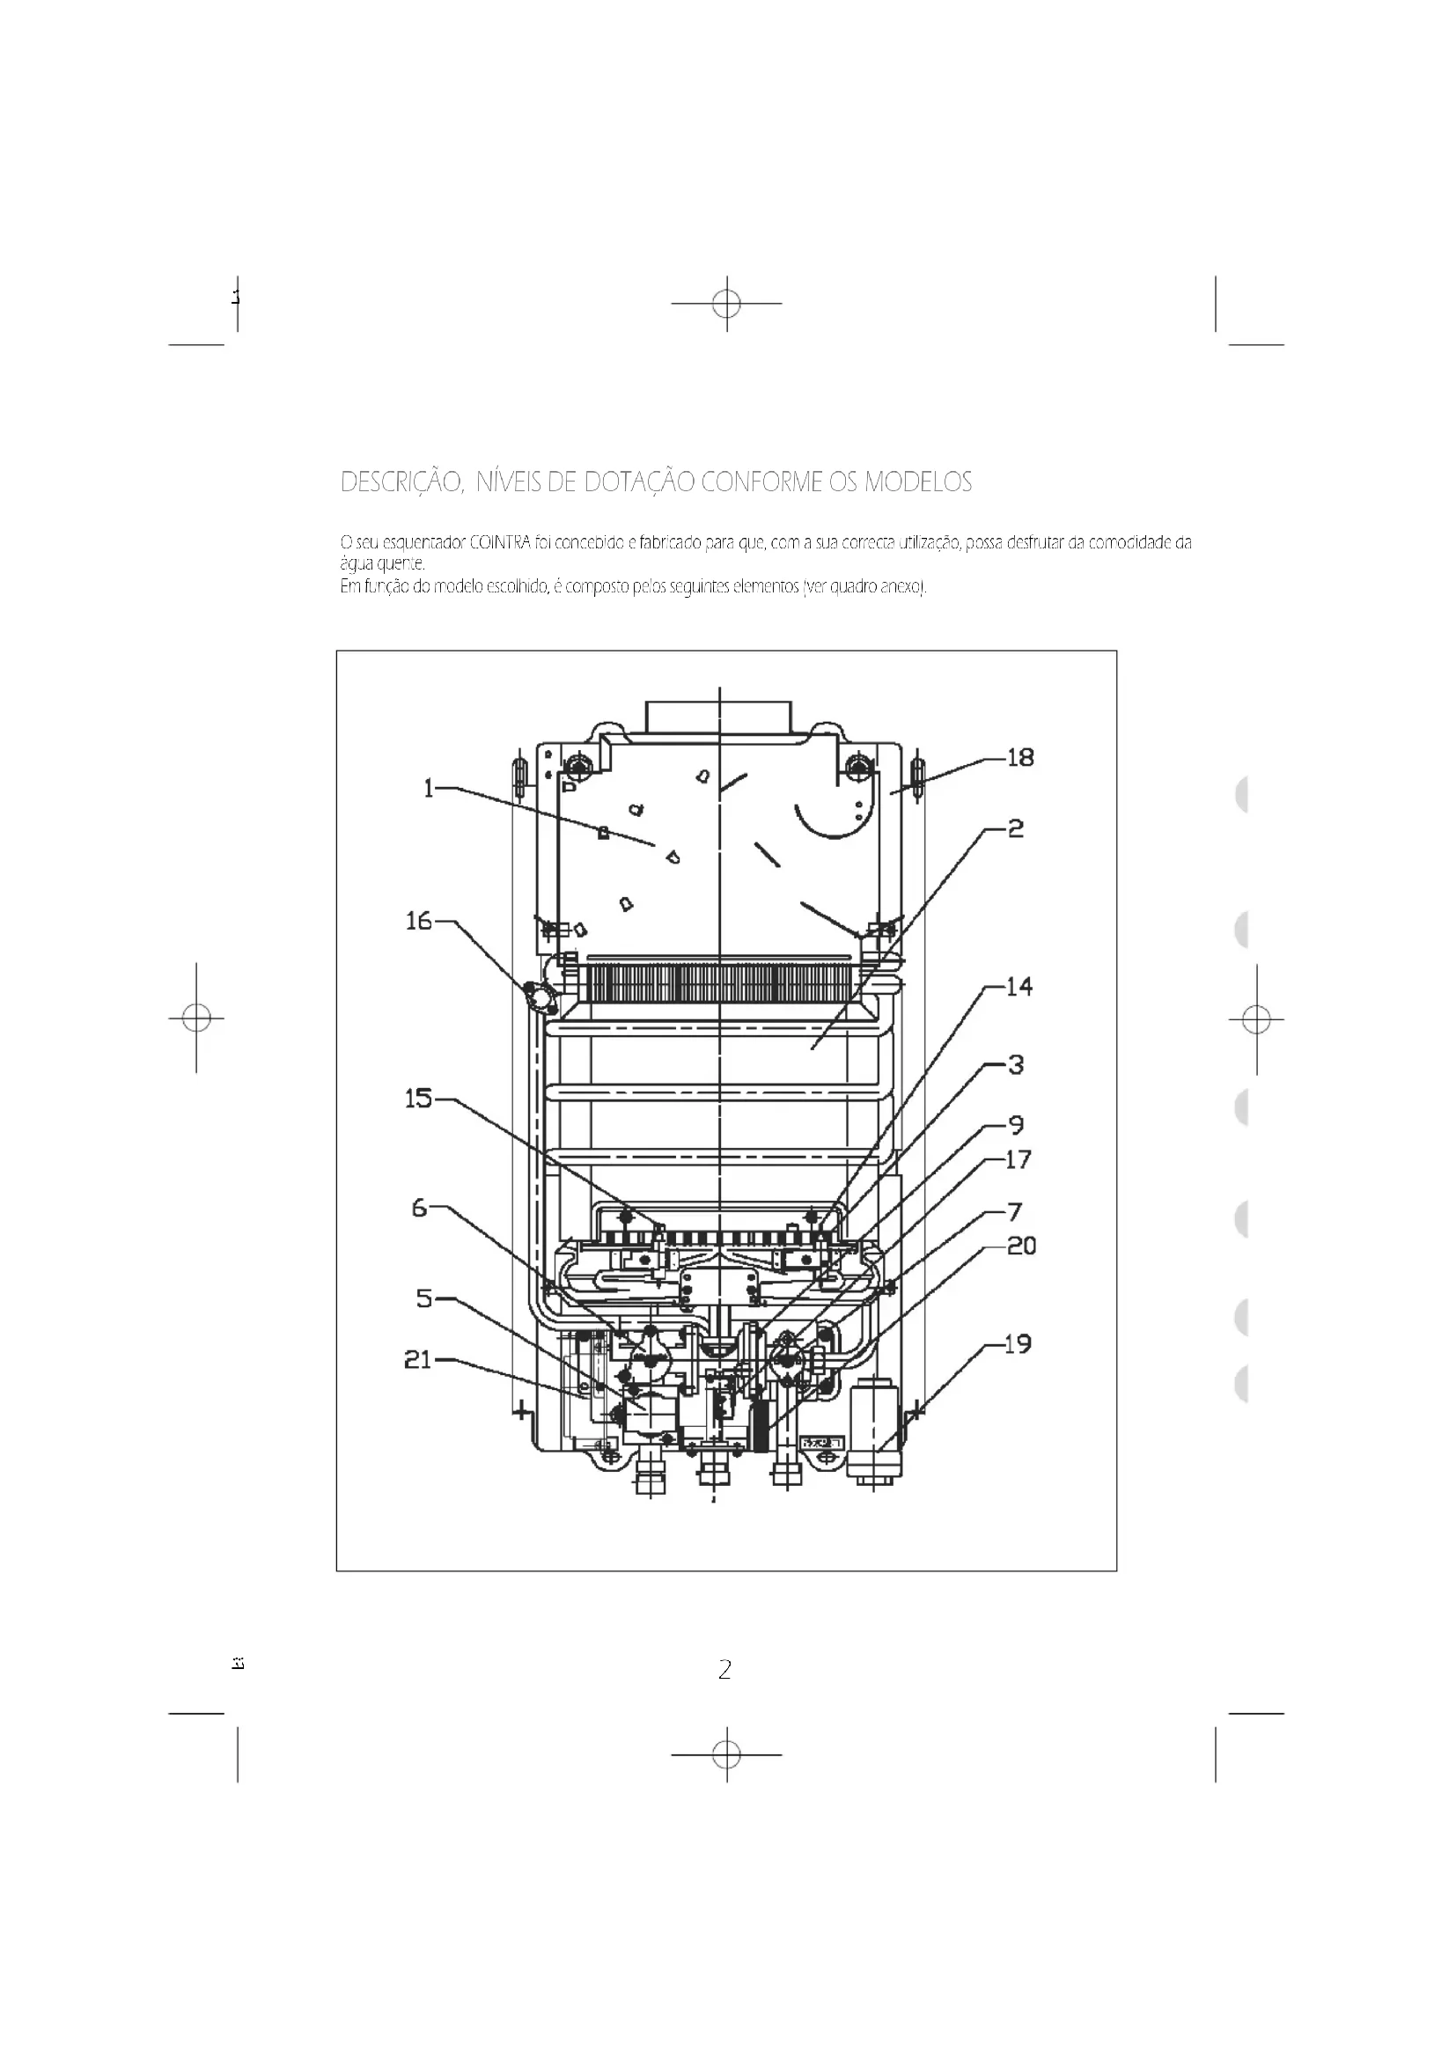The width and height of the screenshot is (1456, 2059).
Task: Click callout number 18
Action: tap(1020, 758)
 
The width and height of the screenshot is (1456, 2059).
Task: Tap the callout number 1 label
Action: tap(429, 788)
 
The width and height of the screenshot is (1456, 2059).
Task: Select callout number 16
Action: tap(419, 921)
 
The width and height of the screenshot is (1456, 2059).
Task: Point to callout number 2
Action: tap(1015, 828)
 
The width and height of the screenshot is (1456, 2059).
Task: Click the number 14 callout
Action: tap(1019, 987)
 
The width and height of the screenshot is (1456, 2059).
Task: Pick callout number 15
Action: tap(419, 1099)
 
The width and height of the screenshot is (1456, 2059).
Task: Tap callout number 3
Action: tap(1015, 1064)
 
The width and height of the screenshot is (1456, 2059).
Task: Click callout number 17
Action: tap(1018, 1159)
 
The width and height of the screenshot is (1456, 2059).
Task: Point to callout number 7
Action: tap(1015, 1212)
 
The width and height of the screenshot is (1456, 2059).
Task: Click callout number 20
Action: tap(1021, 1246)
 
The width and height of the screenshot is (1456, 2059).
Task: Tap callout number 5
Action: tap(424, 1298)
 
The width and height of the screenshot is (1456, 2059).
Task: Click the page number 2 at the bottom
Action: tap(724, 1669)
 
